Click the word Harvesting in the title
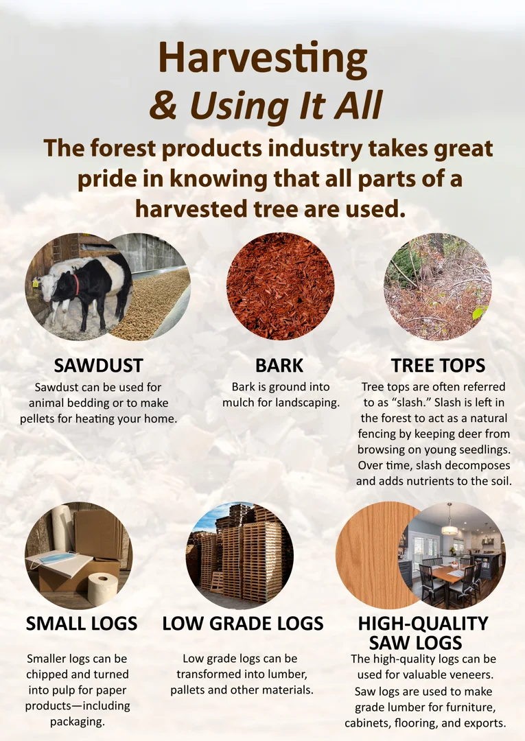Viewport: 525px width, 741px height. click(x=263, y=58)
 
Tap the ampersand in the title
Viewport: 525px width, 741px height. click(x=163, y=105)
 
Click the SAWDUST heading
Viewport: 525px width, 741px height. click(x=98, y=365)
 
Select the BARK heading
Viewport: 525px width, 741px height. click(x=279, y=365)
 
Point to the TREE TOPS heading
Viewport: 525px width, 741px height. click(x=438, y=365)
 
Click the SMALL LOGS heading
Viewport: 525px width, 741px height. click(x=82, y=623)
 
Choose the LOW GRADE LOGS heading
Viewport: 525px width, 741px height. click(x=243, y=623)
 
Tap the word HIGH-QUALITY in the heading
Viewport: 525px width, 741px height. click(x=423, y=623)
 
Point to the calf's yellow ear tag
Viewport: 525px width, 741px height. click(x=35, y=284)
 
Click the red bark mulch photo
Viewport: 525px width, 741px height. click(x=281, y=286)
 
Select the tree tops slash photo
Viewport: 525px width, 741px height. click(x=438, y=286)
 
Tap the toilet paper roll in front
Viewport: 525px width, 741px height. click(x=102, y=589)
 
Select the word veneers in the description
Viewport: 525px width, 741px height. click(x=469, y=674)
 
